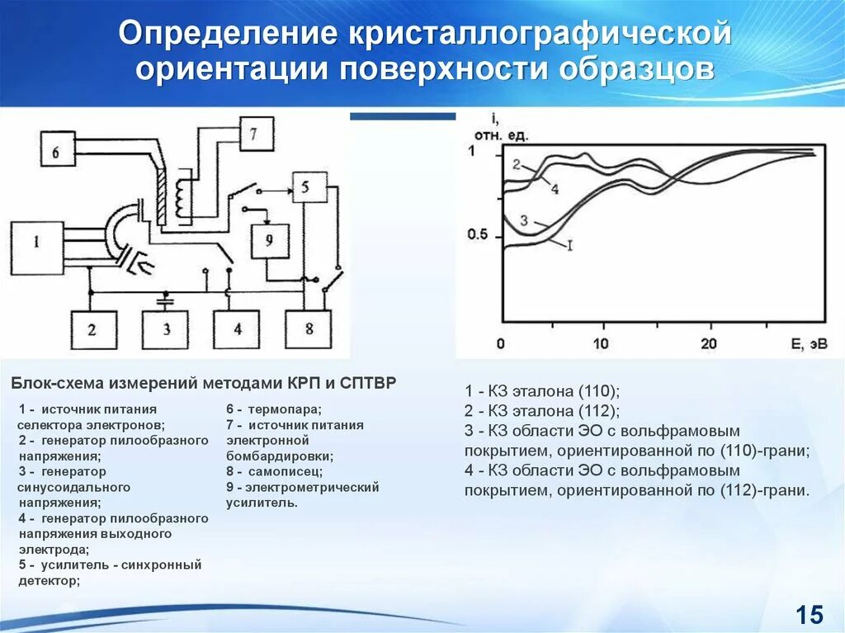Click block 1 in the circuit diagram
(x=36, y=243)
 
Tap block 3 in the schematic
(x=165, y=329)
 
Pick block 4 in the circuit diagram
(x=238, y=329)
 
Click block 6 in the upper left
(x=55, y=152)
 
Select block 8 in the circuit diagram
(x=309, y=329)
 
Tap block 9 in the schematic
(x=268, y=240)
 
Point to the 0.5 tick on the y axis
(x=478, y=234)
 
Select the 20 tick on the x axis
(x=707, y=343)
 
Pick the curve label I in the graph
(x=569, y=244)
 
